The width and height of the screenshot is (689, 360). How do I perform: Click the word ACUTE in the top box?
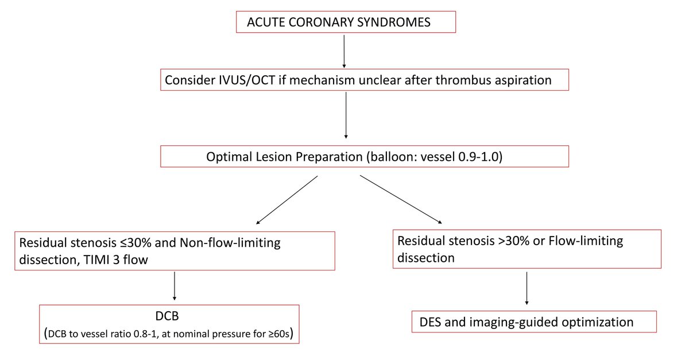click(x=266, y=22)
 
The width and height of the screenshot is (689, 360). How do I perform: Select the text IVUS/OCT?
click(x=247, y=80)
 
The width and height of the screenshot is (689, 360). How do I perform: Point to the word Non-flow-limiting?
click(x=230, y=243)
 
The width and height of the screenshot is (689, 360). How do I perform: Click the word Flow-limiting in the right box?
click(x=586, y=241)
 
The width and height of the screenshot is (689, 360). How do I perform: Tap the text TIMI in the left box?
click(x=96, y=260)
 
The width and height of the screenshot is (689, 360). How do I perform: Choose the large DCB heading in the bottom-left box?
click(x=167, y=316)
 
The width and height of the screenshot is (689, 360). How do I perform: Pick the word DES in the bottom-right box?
click(x=430, y=323)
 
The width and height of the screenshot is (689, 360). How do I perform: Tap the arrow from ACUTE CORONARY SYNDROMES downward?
click(x=344, y=51)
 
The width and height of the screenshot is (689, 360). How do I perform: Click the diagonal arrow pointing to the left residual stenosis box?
click(x=287, y=200)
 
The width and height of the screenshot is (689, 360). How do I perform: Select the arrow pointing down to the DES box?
click(x=527, y=288)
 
